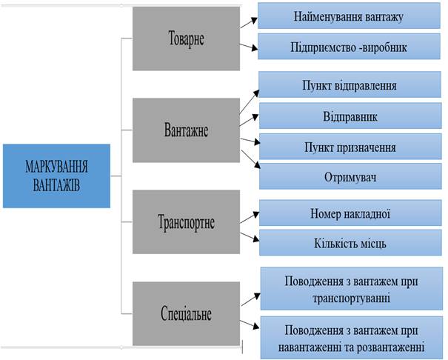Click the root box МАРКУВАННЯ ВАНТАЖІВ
coord(56,176)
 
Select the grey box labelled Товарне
coord(186,39)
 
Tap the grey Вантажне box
coord(186,130)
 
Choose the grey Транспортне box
coord(186,221)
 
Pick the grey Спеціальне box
coord(186,313)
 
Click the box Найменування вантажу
coord(349,16)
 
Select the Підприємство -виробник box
coord(349,47)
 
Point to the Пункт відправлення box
coord(350,84)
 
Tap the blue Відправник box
coord(350,116)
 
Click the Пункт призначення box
coord(350,147)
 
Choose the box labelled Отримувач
coord(350,176)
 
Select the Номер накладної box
coord(350,213)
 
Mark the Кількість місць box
coord(350,242)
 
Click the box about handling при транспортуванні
coord(352,289)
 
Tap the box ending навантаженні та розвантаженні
coord(352,338)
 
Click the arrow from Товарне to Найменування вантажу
coord(249,23)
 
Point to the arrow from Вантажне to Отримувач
coord(251,159)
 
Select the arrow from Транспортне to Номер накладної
coord(250,218)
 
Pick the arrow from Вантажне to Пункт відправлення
coord(250,101)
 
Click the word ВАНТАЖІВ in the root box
coord(56,185)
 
